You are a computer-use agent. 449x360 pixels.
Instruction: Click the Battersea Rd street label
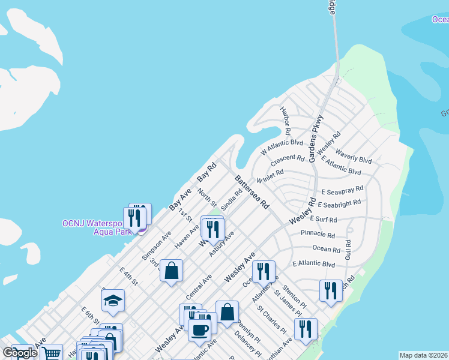click(252, 192)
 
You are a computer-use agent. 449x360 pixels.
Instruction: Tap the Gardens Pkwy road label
click(316, 139)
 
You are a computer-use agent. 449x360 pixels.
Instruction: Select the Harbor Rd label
click(285, 120)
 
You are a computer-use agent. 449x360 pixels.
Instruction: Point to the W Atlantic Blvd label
click(282, 148)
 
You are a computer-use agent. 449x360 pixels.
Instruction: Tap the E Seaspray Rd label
click(342, 191)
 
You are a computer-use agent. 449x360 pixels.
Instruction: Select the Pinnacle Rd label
click(318, 234)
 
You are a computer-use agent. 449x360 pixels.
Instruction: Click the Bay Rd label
click(206, 173)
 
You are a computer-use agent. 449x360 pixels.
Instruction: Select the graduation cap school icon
click(113, 300)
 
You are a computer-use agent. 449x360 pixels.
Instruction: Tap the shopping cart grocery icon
click(52, 353)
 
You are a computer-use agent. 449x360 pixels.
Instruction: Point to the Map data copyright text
click(423, 355)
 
